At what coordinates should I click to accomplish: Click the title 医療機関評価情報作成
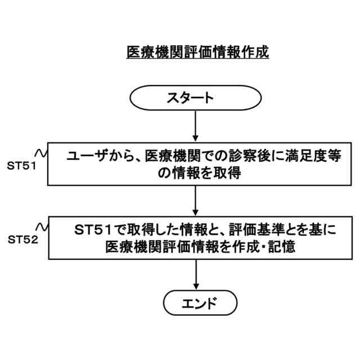point(197,52)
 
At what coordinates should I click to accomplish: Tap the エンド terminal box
point(195,304)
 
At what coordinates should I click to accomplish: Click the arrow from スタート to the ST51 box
point(195,125)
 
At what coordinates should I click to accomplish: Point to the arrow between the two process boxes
point(195,200)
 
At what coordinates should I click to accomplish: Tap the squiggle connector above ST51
point(40,153)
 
